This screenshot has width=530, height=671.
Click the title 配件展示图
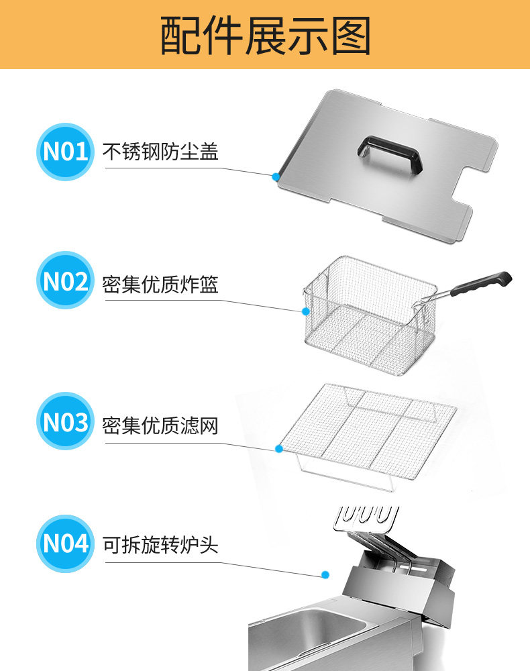point(265,35)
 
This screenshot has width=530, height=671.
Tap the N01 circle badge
point(65,152)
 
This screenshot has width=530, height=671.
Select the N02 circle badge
point(65,281)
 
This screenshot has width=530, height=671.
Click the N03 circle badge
point(65,422)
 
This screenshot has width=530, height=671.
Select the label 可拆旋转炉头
point(160,544)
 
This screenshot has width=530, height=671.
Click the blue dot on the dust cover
point(276,176)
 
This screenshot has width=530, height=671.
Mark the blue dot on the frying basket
point(306,311)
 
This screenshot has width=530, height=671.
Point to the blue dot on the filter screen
point(278,448)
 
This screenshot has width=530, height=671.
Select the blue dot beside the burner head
point(325,575)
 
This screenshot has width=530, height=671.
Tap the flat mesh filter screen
point(366,429)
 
